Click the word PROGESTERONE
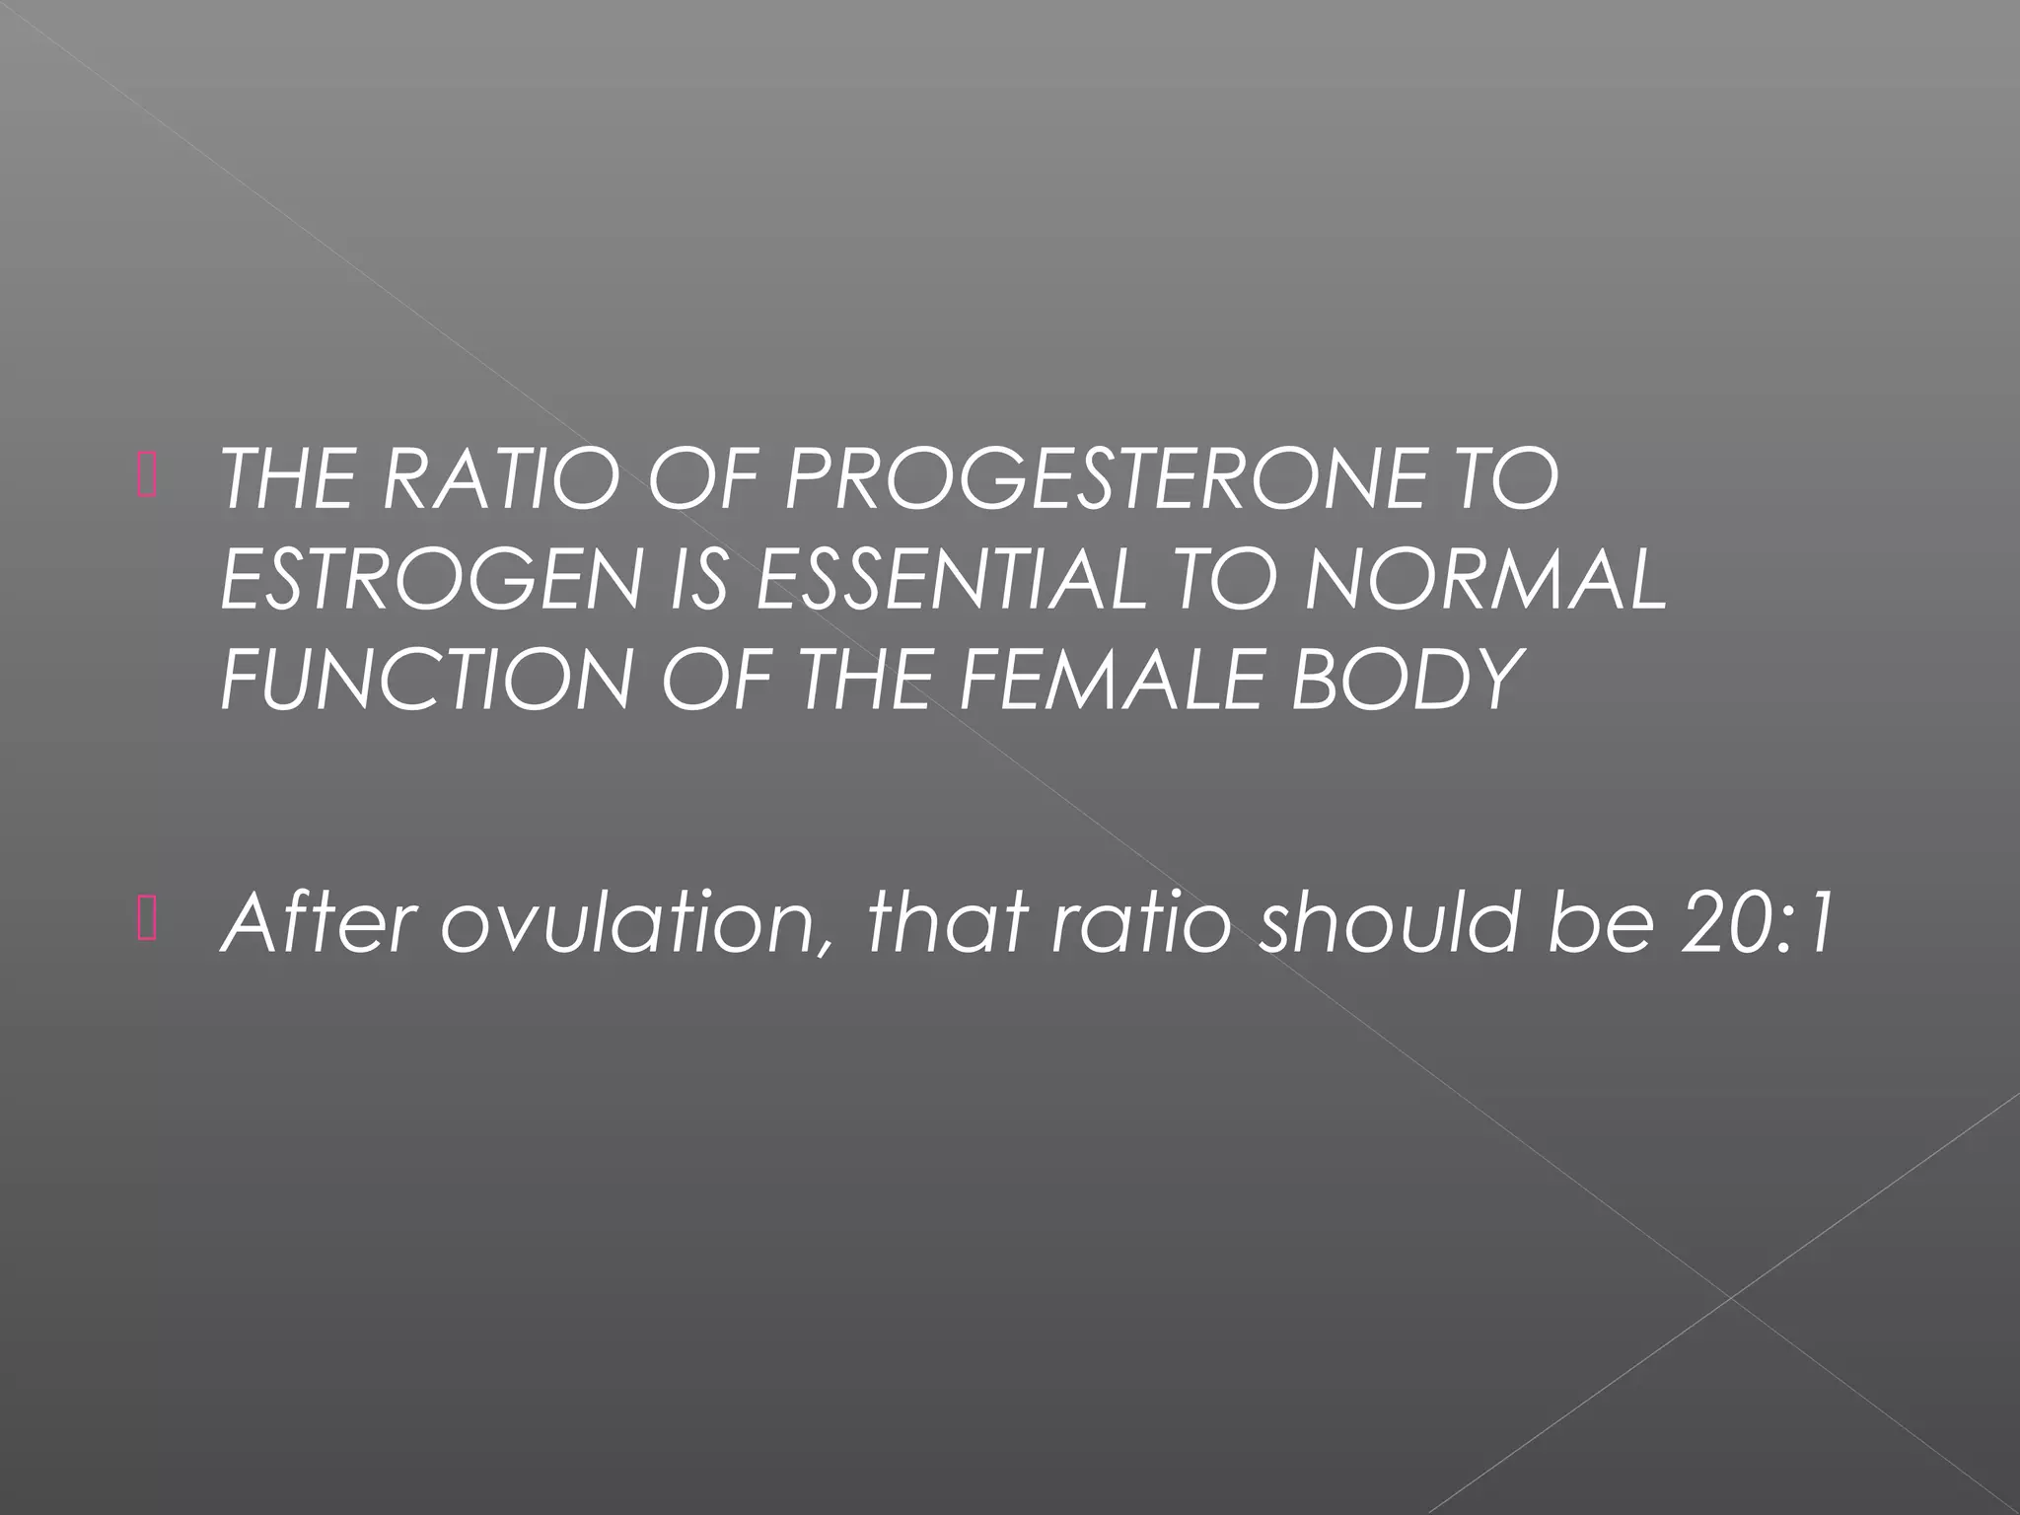(1094, 480)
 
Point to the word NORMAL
(1483, 580)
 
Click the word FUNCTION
(425, 679)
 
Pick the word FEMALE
(1112, 679)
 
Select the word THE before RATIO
(287, 480)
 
